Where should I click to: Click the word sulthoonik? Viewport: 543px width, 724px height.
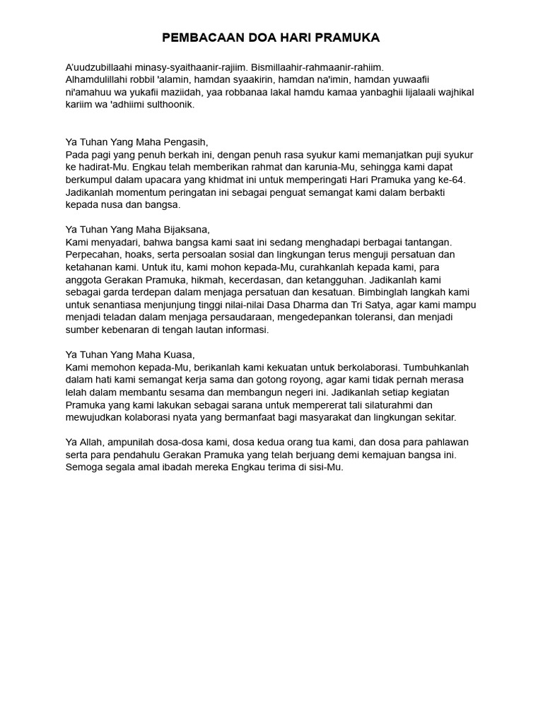pos(169,105)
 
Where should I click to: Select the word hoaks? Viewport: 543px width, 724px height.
pos(141,254)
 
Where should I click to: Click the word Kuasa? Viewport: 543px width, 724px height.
pos(177,354)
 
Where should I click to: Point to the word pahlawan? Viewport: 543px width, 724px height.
pos(443,442)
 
